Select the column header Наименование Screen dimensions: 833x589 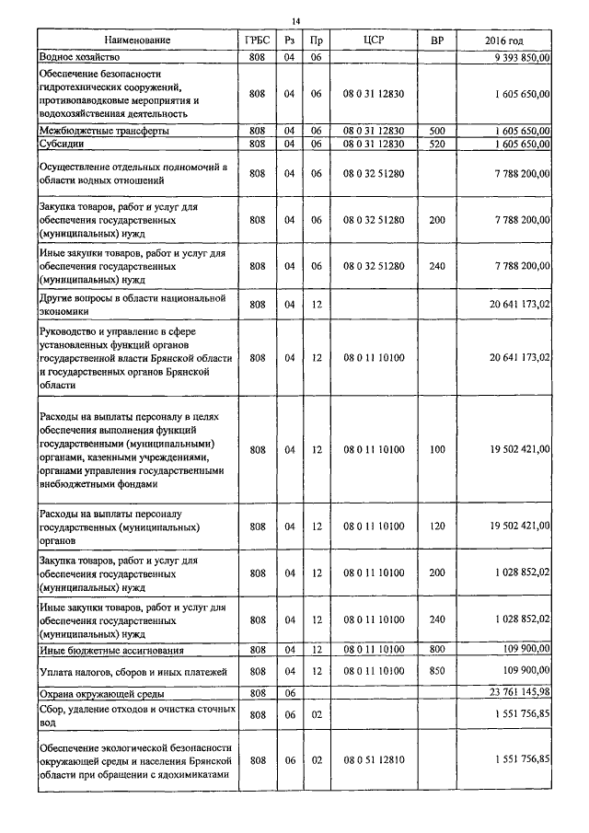pos(137,41)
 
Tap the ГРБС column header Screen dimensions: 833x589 pos(257,41)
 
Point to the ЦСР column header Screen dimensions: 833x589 pos(374,41)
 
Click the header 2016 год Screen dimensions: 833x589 pos(503,41)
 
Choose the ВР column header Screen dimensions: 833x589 pos(437,41)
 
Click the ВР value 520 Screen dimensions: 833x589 pos(437,144)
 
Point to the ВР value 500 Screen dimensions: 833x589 pos(437,131)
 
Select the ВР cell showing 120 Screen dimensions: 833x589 pos(437,526)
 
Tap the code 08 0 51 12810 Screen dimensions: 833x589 pos(374,759)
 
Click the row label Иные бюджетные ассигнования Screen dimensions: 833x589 pos(110,650)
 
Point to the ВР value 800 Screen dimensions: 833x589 pos(437,650)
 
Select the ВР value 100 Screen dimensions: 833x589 pos(437,449)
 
